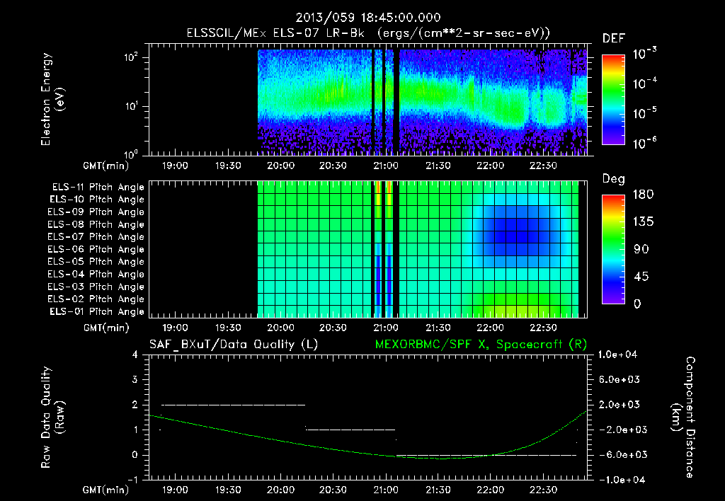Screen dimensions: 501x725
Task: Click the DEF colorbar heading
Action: coord(612,39)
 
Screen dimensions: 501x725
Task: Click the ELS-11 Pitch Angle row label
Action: coord(98,188)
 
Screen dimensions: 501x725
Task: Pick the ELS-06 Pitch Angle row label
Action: coord(98,249)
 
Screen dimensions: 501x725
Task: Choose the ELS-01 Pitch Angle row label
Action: coord(98,311)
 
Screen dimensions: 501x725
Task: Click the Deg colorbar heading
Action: coord(612,180)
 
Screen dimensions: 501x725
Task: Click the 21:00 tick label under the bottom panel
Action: coord(385,490)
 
